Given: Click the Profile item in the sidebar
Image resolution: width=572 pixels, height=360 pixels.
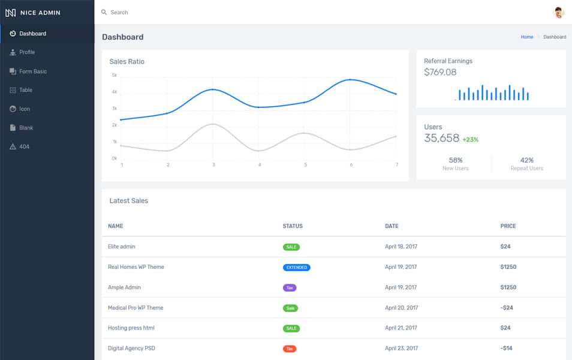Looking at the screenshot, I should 27,52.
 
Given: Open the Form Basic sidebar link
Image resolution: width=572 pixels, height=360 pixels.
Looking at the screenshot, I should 32,71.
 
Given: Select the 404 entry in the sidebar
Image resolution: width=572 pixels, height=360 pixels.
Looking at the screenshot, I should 24,146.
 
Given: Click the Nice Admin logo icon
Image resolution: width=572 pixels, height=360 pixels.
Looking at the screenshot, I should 10,13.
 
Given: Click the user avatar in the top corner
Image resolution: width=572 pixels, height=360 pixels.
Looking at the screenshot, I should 559,13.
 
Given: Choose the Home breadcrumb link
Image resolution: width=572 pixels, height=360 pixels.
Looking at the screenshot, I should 526,37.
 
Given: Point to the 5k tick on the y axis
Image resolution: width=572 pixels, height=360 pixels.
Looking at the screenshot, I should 115,76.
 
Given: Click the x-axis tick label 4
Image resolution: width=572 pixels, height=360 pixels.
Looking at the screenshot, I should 260,165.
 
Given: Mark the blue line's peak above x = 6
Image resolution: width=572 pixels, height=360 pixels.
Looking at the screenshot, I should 350,79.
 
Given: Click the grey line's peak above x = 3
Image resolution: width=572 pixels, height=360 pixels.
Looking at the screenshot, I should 213,124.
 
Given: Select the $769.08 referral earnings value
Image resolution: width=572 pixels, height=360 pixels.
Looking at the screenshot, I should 440,72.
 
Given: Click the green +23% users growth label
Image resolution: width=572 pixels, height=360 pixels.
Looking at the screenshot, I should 470,140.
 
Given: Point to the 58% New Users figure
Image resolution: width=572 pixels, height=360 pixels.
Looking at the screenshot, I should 455,160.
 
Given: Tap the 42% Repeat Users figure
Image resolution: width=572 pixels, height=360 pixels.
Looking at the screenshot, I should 526,160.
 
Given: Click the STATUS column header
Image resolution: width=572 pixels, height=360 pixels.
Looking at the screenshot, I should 293,226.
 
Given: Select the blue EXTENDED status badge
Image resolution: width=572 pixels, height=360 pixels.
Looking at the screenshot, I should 296,267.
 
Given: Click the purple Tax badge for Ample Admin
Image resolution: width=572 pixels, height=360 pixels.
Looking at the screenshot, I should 290,287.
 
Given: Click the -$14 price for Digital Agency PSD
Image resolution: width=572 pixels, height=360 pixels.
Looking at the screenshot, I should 506,348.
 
